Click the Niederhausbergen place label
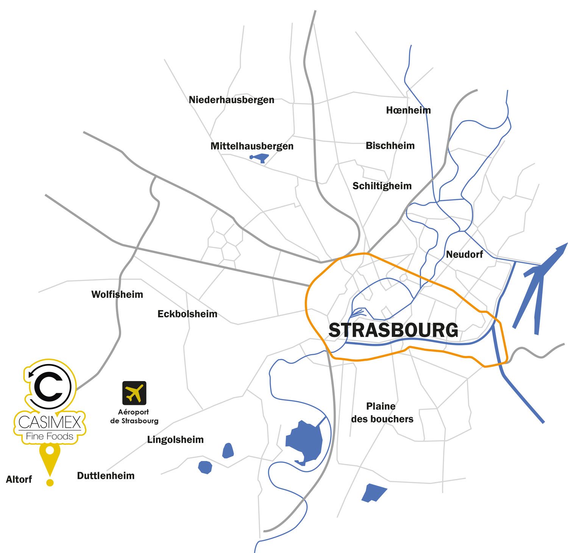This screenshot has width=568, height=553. [x=231, y=100]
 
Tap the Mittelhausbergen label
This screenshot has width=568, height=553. [x=252, y=146]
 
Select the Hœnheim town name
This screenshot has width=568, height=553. [x=408, y=110]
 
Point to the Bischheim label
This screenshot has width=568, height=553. [x=390, y=146]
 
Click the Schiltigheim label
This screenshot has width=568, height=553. [x=382, y=186]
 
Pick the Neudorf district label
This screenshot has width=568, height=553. [x=464, y=255]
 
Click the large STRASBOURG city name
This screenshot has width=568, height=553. [x=393, y=330]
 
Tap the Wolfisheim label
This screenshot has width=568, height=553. [x=117, y=295]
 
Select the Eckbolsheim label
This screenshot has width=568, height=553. [x=187, y=314]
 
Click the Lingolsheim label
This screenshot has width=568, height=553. [x=175, y=440]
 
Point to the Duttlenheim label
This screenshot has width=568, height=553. [x=106, y=476]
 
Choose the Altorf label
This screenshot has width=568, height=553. [x=19, y=480]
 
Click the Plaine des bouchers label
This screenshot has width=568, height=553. [x=382, y=412]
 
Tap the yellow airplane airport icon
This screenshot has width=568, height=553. [x=134, y=393]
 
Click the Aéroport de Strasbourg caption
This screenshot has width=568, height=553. [x=134, y=416]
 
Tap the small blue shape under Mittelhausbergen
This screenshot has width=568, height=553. [x=259, y=158]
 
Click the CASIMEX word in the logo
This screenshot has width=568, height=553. [x=50, y=422]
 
